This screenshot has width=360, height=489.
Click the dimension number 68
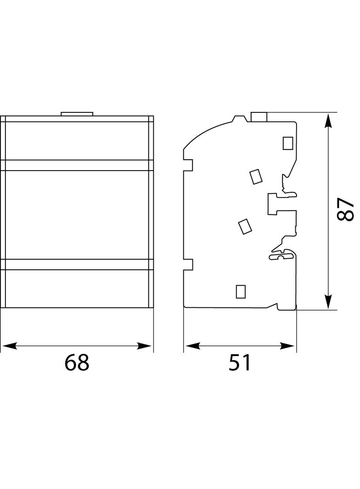[77, 362]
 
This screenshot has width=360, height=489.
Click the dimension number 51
[240, 362]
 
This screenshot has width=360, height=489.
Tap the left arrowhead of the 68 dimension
[9, 345]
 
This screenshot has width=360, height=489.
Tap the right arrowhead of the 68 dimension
[144, 345]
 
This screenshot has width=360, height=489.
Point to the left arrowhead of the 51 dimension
[192, 345]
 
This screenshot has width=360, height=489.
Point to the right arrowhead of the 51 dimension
[287, 345]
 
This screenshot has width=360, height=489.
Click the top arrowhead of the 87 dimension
[328, 121]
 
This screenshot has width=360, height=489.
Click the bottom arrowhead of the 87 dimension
[328, 301]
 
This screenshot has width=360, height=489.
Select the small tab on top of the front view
[77, 114]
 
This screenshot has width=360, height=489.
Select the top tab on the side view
[259, 117]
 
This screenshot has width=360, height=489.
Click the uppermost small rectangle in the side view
[287, 143]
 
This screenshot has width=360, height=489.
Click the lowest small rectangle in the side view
[241, 292]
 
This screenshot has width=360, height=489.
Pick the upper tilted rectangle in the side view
[256, 177]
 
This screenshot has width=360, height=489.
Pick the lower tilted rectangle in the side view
[245, 227]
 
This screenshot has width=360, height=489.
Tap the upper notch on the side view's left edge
[188, 165]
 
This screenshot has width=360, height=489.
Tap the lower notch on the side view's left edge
[188, 264]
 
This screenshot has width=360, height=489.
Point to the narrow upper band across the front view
[77, 165]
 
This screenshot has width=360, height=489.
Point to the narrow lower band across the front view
[77, 265]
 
